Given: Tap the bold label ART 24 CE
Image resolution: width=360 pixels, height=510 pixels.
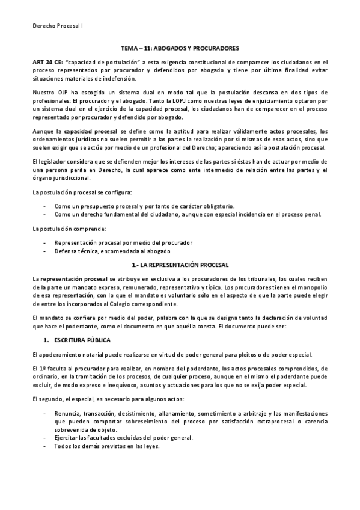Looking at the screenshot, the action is [47, 62].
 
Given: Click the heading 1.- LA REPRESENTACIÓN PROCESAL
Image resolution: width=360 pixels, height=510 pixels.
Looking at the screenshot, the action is [180, 265].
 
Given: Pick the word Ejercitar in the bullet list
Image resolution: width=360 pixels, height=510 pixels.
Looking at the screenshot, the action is [67, 438].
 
